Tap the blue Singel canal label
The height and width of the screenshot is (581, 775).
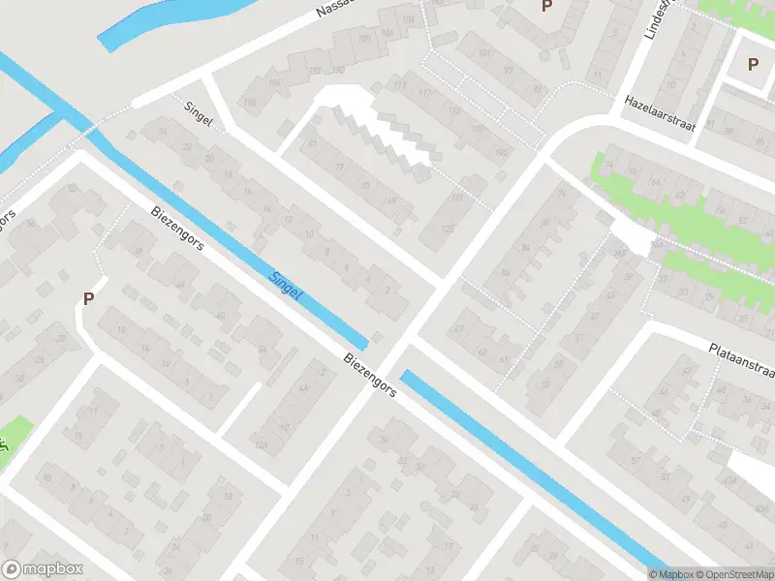(285, 283)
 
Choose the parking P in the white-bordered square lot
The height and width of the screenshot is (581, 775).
(753, 64)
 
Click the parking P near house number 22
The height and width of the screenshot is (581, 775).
(89, 299)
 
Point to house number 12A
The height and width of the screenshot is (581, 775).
(261, 445)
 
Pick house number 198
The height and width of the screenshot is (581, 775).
(251, 104)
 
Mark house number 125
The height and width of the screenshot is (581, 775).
(447, 229)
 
